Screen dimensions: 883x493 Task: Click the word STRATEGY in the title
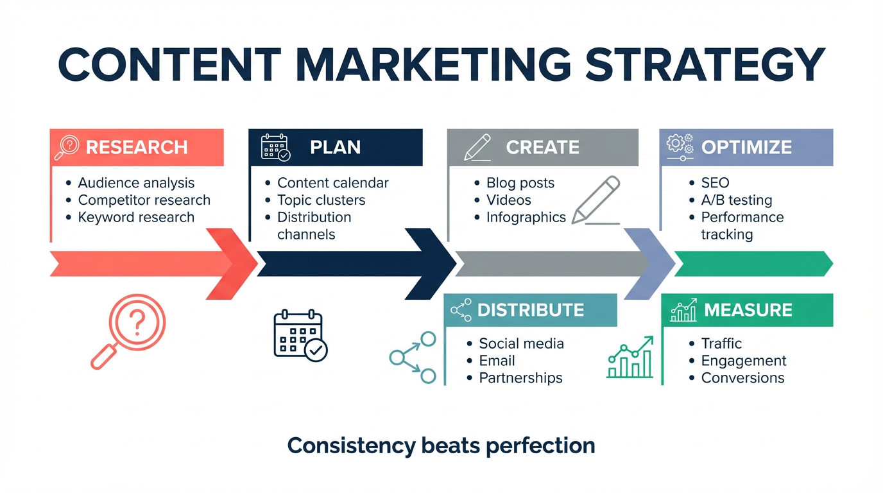click(x=705, y=64)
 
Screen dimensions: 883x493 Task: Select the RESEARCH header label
click(x=137, y=147)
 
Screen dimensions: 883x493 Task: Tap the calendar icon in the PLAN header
click(x=275, y=148)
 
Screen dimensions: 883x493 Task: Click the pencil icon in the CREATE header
click(x=477, y=148)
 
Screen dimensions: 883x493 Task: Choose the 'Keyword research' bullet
click(x=136, y=218)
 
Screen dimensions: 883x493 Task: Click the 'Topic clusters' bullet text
click(x=321, y=200)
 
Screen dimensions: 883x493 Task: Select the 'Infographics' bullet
click(x=526, y=218)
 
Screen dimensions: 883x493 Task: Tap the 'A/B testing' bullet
click(x=736, y=200)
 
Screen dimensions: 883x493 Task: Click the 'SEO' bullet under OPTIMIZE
click(x=715, y=182)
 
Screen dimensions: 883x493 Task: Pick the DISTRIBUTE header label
click(x=531, y=310)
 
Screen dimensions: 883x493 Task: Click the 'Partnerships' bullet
click(x=520, y=378)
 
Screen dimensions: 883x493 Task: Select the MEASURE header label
click(x=748, y=310)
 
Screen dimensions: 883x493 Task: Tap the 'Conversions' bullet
click(x=742, y=378)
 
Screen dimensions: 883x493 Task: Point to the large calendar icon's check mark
click(x=316, y=350)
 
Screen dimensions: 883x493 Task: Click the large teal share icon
click(x=413, y=358)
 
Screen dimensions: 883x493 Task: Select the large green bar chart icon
click(x=630, y=358)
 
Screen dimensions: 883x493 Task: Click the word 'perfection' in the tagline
click(x=540, y=446)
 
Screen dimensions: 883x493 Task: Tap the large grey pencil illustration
click(x=596, y=200)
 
